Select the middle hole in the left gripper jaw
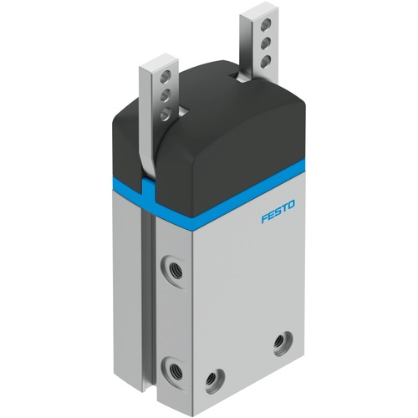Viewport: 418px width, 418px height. point(167,96)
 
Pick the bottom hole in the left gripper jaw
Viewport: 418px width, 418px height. point(167,110)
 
